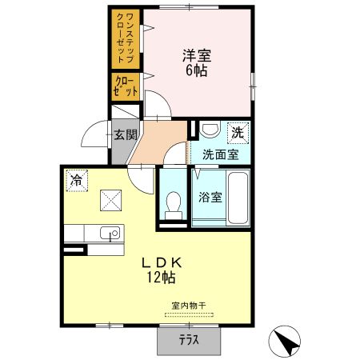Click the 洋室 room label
[197, 55]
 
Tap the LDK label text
[162, 263]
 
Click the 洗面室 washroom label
[221, 154]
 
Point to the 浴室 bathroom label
[210, 197]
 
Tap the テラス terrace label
[189, 340]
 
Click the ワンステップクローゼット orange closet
[126, 39]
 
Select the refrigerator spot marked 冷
[77, 181]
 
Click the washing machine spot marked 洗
[238, 133]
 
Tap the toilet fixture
[174, 206]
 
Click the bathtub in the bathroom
[238, 198]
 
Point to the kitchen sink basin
[110, 233]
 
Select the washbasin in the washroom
[210, 130]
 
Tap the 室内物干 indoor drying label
[189, 306]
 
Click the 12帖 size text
[161, 278]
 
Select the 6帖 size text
[197, 70]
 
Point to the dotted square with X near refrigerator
[111, 200]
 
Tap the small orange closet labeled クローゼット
[126, 87]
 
